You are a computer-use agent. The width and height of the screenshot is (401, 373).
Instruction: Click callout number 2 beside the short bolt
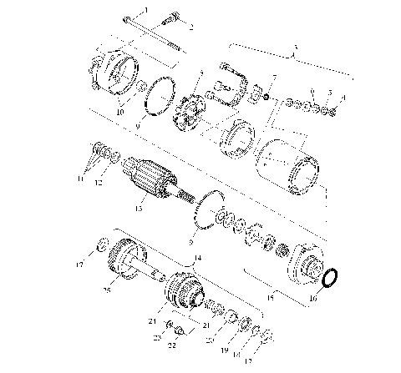click(x=190, y=28)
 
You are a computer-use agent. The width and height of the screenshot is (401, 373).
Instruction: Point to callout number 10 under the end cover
click(x=119, y=111)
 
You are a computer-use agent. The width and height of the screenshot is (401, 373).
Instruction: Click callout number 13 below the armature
click(x=140, y=208)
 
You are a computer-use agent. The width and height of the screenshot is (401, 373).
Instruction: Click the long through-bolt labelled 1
click(x=159, y=37)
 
